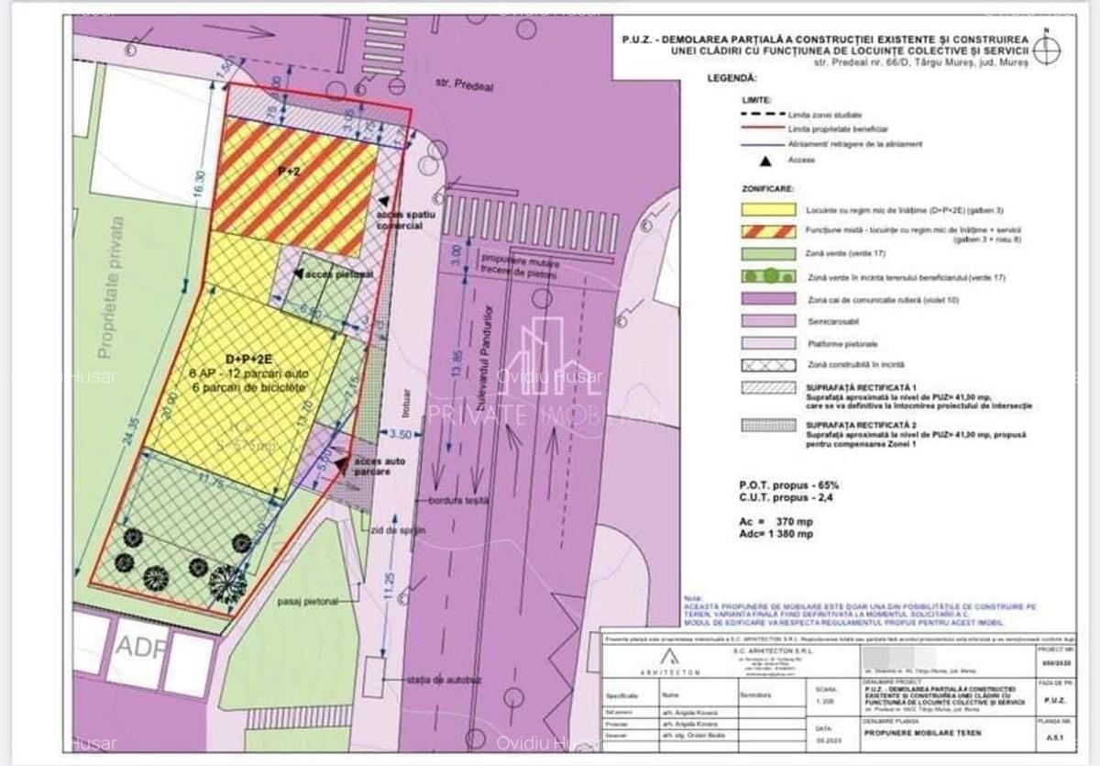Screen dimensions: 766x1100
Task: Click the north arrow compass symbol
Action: pos(1047,46)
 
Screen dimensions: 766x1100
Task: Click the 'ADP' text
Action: pos(141,648)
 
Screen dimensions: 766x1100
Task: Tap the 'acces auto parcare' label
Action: pos(373,466)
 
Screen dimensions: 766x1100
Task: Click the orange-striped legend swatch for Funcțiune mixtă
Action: pos(769,231)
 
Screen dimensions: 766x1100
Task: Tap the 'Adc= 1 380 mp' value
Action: pos(775,533)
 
